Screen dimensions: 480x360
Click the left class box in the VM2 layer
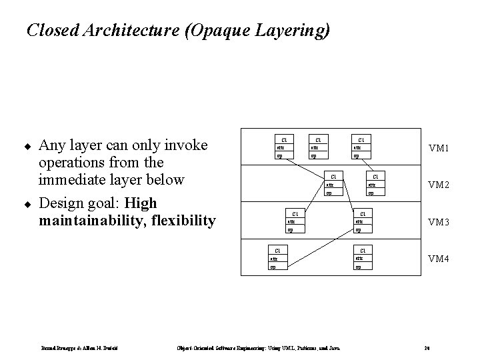[333, 185]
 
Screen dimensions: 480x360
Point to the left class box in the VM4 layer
[277, 259]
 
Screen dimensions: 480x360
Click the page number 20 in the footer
[426, 347]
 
